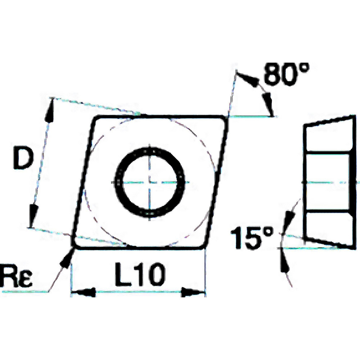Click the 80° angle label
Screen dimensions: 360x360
(x=286, y=75)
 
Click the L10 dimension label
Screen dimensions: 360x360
(x=139, y=276)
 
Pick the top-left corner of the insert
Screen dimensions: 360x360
(x=94, y=118)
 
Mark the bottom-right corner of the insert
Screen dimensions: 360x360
(x=205, y=246)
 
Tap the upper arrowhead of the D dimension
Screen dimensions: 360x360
(x=49, y=110)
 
